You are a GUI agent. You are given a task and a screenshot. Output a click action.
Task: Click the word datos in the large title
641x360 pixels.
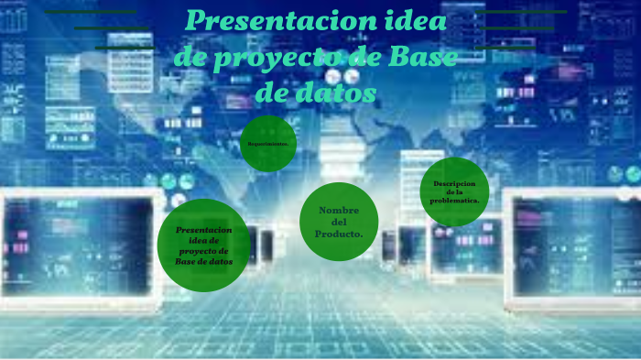[341, 93]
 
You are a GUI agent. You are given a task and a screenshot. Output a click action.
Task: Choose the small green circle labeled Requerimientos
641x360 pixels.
[268, 144]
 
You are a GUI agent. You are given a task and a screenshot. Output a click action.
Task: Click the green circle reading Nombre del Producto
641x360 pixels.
[339, 222]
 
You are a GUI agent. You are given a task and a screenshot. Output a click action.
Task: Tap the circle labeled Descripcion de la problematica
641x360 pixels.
[454, 191]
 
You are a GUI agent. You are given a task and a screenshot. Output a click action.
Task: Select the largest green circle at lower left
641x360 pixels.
[203, 245]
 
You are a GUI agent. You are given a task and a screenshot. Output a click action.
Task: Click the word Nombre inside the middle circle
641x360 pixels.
[339, 211]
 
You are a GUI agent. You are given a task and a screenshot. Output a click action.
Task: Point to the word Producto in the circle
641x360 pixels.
[339, 235]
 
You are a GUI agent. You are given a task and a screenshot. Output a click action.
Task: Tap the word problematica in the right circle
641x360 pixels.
[455, 201]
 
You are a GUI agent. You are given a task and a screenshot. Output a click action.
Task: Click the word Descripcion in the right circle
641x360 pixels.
[455, 183]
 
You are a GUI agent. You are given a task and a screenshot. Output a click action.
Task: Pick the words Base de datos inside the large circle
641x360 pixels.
[203, 261]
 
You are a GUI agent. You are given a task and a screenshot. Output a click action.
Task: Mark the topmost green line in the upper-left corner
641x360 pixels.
[90, 13]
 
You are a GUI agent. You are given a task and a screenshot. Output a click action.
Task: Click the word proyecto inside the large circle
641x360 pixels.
[203, 250]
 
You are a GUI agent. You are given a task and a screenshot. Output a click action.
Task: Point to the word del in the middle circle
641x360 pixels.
[339, 223]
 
